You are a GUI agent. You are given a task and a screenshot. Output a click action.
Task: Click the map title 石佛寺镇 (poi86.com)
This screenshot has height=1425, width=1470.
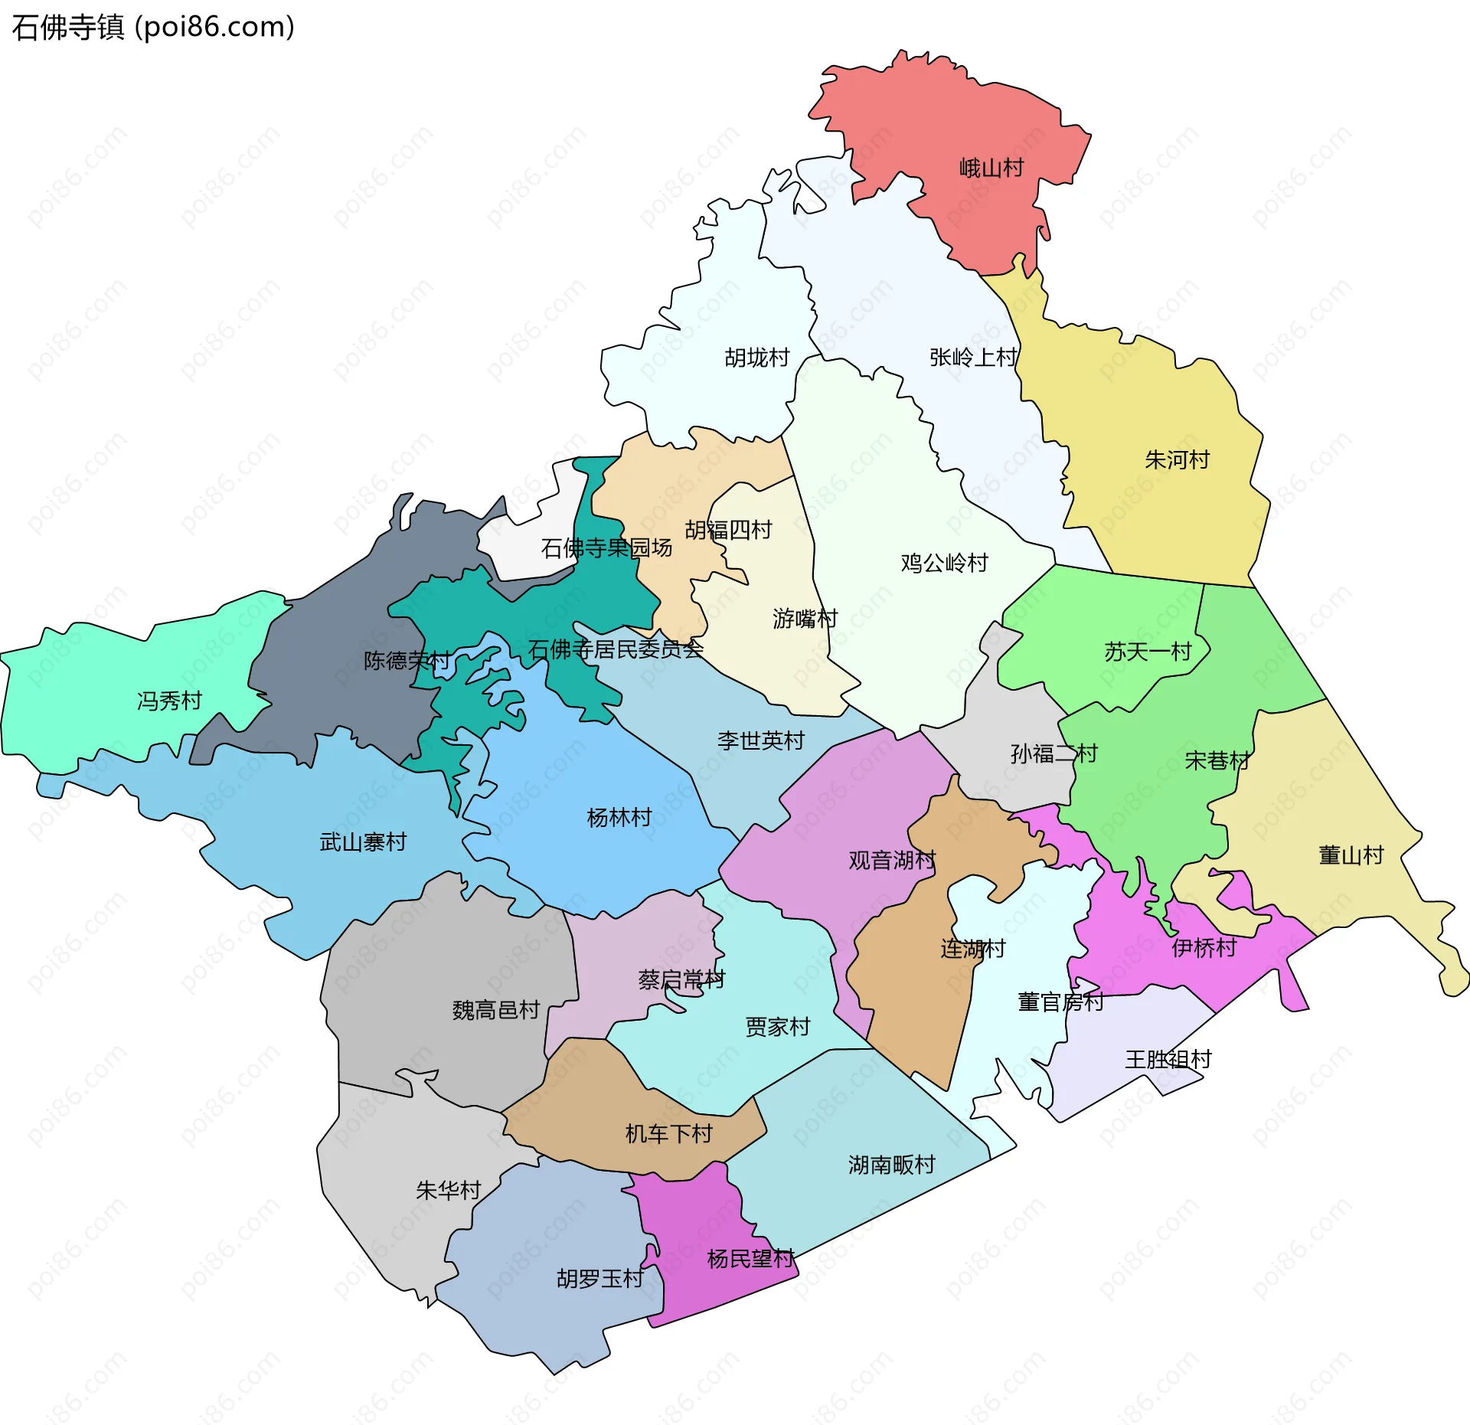point(153,28)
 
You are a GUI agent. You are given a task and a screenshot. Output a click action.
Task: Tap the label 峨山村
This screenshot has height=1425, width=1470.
point(991,168)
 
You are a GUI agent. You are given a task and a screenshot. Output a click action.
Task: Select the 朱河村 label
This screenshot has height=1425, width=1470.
point(1177,459)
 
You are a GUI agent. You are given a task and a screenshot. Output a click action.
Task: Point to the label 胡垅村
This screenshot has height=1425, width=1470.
point(756,358)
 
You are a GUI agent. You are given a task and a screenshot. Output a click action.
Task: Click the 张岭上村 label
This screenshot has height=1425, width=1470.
point(973,357)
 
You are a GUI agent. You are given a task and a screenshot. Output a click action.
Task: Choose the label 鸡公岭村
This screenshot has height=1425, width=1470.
point(944,563)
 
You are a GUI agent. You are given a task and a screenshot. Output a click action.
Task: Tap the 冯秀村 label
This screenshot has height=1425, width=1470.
point(169,701)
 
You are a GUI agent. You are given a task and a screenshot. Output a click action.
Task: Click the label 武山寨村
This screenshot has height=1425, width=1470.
point(363,842)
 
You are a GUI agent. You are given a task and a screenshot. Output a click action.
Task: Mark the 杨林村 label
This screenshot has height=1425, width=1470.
point(619,818)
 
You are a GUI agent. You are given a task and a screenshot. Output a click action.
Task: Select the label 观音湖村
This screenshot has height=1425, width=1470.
point(892,860)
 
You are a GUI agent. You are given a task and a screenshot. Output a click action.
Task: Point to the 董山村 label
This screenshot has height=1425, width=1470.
point(1351,855)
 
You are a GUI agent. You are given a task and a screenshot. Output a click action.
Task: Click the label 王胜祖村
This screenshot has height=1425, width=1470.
point(1168,1060)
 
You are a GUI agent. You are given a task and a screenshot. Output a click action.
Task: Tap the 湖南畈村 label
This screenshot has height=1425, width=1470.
point(891,1165)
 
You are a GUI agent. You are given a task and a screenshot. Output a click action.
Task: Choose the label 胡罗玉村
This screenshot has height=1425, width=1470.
point(599,1279)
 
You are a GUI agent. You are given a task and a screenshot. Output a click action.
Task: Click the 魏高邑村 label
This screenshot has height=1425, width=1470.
point(496,1010)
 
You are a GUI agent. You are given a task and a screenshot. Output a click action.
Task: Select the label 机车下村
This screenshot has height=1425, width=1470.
point(668,1133)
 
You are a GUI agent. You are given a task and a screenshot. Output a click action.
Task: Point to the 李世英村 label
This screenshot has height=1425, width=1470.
point(760,740)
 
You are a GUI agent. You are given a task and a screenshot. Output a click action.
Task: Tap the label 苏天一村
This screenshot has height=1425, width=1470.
point(1148,652)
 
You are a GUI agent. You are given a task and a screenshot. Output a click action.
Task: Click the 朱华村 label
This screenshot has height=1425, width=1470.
point(448,1190)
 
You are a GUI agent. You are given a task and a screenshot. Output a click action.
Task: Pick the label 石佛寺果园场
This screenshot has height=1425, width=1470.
point(606,547)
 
